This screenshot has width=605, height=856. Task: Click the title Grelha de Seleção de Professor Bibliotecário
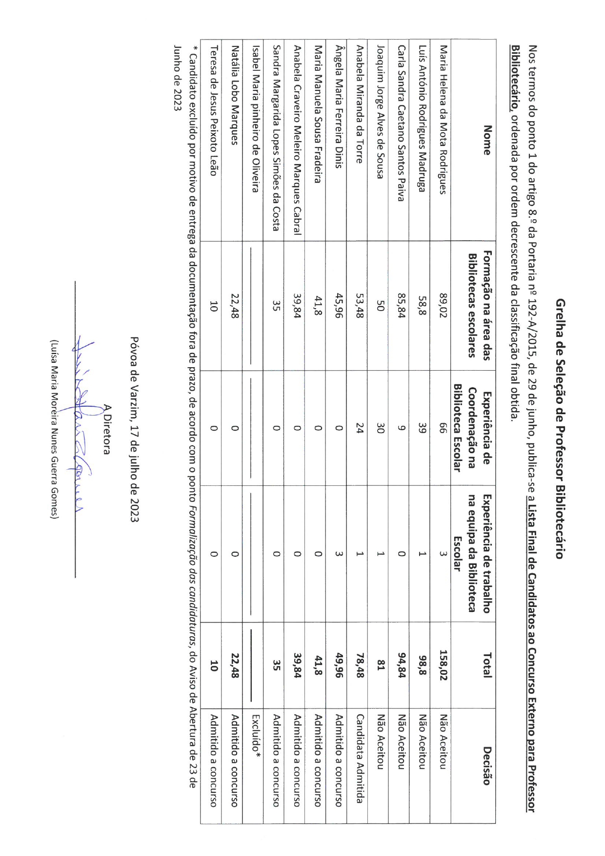(x=559, y=428)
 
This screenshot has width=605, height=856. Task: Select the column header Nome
(x=486, y=140)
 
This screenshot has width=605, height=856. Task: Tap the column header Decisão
(x=486, y=765)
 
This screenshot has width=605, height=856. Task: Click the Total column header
(x=486, y=665)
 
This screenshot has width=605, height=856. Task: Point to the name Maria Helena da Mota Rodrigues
(x=443, y=120)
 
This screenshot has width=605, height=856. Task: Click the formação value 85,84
(x=401, y=306)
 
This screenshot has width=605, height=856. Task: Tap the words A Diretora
(x=107, y=429)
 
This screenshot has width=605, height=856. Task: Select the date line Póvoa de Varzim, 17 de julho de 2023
(x=135, y=429)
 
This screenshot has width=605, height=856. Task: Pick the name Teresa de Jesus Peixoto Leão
(x=213, y=111)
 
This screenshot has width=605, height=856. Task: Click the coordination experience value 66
(x=443, y=428)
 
